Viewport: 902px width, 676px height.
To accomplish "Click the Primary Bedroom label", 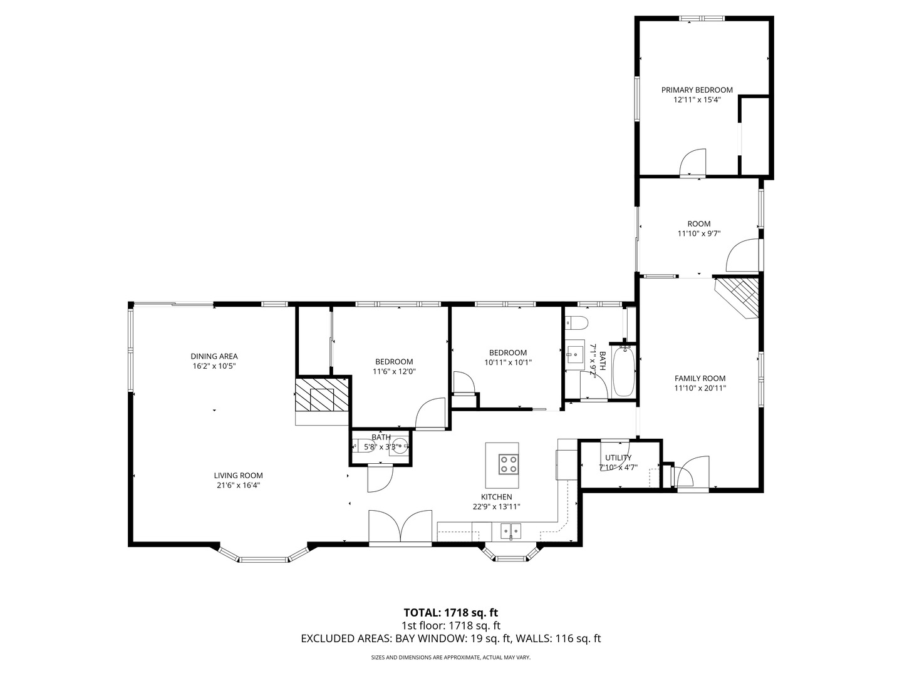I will click(x=697, y=90).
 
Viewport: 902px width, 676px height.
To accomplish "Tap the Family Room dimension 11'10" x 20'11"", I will click(x=700, y=388).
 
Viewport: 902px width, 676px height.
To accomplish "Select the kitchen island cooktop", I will click(x=508, y=464).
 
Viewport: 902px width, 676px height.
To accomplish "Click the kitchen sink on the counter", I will click(x=511, y=531).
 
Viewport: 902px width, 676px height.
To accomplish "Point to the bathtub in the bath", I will click(x=624, y=372).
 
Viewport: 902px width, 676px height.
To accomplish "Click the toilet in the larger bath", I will click(x=578, y=324).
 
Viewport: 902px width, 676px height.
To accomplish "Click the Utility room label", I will click(x=618, y=458).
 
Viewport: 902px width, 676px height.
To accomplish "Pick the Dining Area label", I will click(x=214, y=357).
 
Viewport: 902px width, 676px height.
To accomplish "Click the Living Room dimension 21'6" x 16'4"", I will click(x=238, y=485).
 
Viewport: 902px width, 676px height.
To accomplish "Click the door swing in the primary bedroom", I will click(x=693, y=161).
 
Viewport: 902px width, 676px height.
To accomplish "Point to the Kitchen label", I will click(x=497, y=497).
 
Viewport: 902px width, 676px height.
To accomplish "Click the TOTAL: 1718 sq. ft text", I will click(x=450, y=612).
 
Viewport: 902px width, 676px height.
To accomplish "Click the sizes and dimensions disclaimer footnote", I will click(x=450, y=658).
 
